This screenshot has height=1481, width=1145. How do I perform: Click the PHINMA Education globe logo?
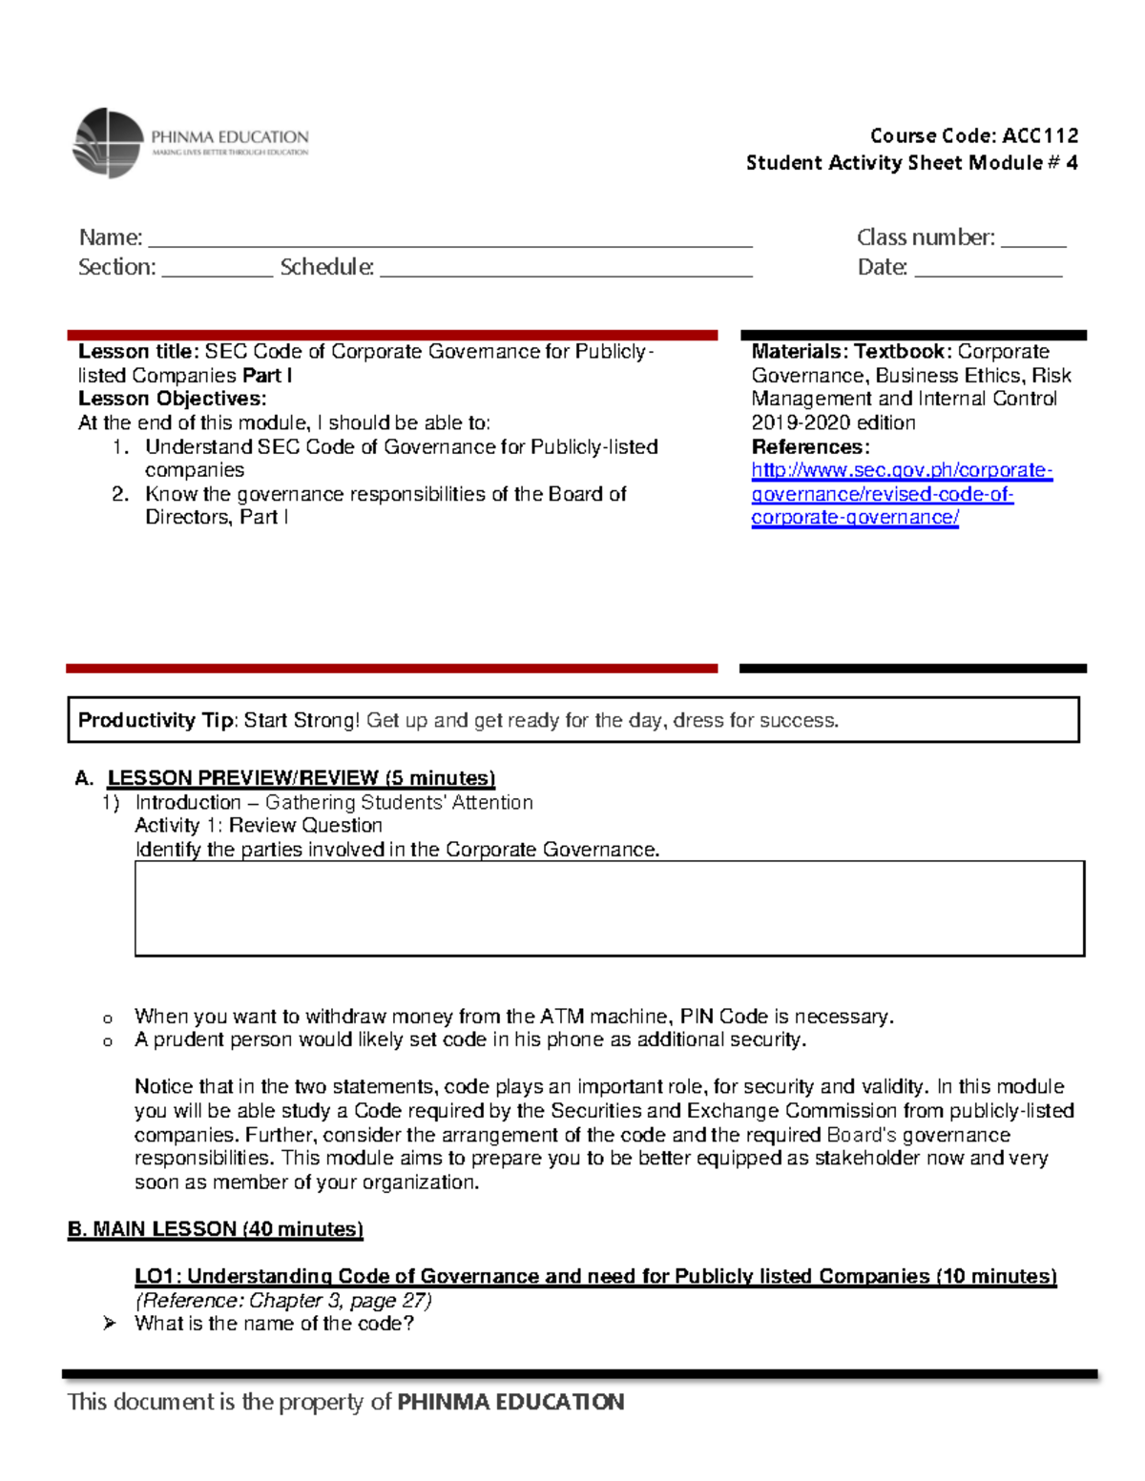point(108,143)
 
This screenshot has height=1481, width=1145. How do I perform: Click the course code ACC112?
point(1040,135)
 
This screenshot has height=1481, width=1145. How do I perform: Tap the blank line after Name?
point(448,240)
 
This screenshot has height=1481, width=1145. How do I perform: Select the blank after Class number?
point(1032,240)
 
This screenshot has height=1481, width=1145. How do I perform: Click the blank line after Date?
point(988,270)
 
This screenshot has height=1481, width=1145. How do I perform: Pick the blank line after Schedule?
point(565,270)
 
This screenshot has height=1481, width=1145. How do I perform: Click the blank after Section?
point(217,270)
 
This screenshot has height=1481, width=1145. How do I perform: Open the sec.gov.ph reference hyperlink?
point(901,494)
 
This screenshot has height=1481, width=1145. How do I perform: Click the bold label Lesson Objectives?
point(172,399)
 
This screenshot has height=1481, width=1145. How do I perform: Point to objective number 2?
point(120,494)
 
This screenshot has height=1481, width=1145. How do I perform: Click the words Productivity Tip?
point(156,721)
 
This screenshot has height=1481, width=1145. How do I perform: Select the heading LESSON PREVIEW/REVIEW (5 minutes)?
point(301,778)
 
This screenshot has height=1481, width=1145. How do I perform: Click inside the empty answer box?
point(609,908)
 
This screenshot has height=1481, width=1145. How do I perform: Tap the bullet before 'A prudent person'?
point(108,1041)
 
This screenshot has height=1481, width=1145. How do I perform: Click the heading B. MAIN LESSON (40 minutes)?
point(216,1229)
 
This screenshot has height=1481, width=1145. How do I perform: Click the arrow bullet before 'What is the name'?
point(110,1324)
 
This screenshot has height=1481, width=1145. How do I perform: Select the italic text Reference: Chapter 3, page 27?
point(283,1301)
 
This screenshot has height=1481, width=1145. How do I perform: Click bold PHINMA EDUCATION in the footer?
point(510,1402)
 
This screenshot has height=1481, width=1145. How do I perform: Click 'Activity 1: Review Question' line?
point(259,826)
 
